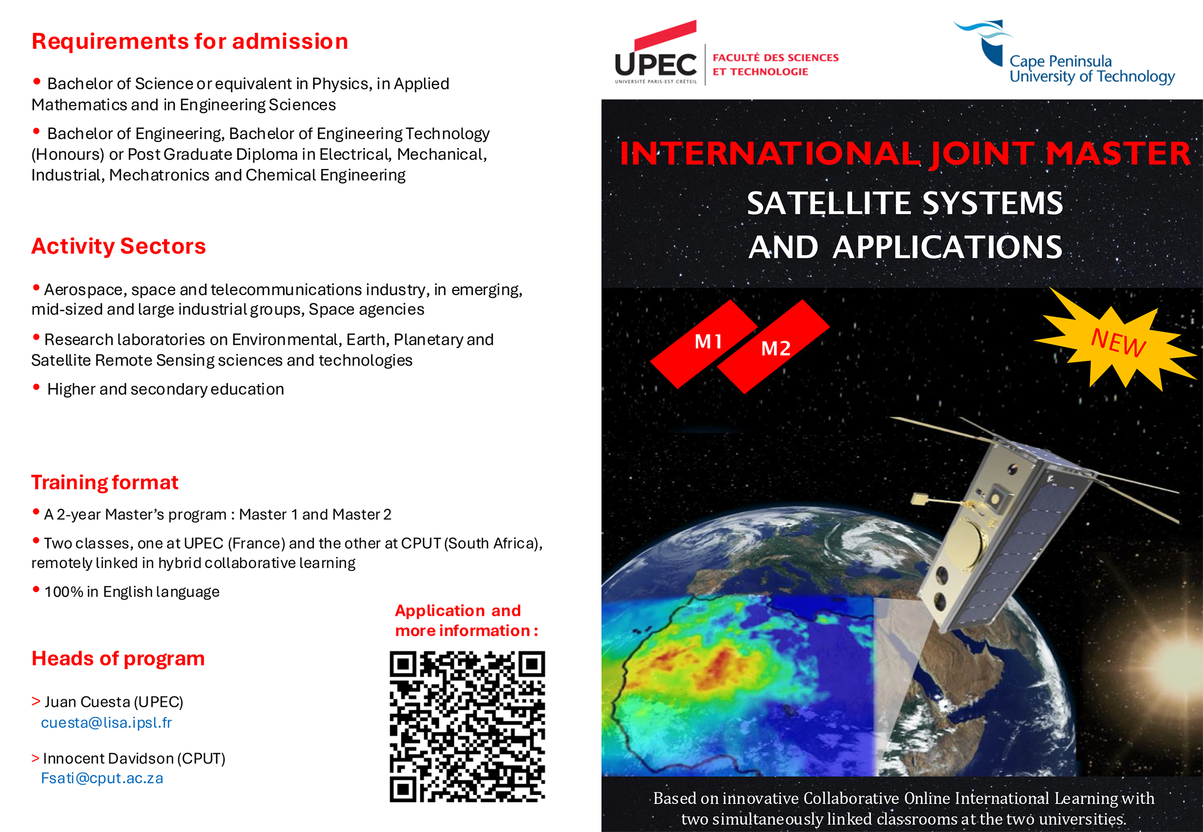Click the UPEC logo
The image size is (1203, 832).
point(657,58)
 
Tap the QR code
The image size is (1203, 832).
point(467,726)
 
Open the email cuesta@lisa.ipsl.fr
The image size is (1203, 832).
point(106,723)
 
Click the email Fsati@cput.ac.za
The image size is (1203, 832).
point(102,778)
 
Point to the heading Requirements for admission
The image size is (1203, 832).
point(189,42)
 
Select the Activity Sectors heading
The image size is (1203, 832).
point(119,246)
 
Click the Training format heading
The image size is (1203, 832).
point(104,482)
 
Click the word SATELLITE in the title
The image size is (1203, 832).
point(830,204)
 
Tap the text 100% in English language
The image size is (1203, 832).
point(131,592)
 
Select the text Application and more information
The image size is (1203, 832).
point(466,620)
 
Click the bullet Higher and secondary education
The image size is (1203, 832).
point(165,389)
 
